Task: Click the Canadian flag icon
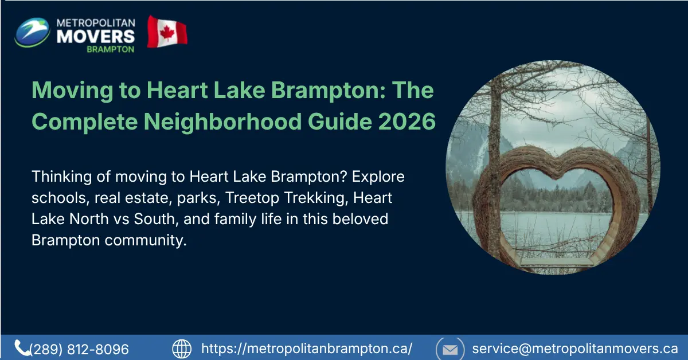pyautogui.click(x=167, y=32)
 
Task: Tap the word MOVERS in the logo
pyautogui.click(x=95, y=36)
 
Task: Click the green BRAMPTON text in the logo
pyautogui.click(x=111, y=49)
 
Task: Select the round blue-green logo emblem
pyautogui.click(x=33, y=33)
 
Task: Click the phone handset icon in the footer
pyautogui.click(x=22, y=347)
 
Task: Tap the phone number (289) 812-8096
pyautogui.click(x=79, y=349)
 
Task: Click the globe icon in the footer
pyautogui.click(x=182, y=349)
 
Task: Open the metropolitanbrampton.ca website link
pyautogui.click(x=307, y=349)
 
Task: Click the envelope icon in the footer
pyautogui.click(x=450, y=349)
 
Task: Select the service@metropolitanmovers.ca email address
pyautogui.click(x=574, y=349)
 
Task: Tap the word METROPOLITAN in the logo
pyautogui.click(x=95, y=22)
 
